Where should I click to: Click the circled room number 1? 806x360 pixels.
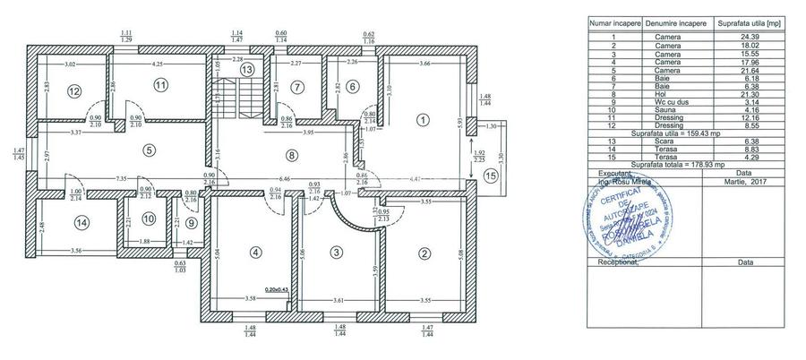[422, 119]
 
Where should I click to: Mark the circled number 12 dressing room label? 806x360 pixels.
[74, 90]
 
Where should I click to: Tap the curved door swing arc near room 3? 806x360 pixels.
[341, 215]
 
